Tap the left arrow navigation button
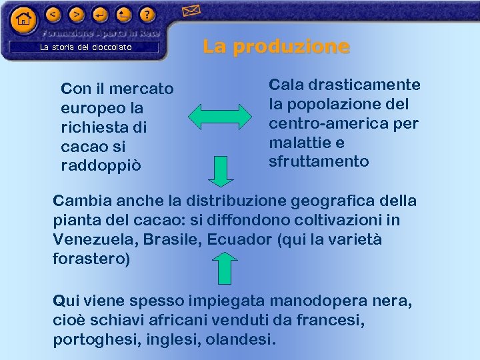coord(54,13)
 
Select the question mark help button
coord(147,13)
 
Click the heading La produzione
coord(276,46)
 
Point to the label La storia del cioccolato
coord(86,47)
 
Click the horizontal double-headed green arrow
coord(220,116)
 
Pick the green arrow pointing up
coord(225,268)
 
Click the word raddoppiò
coord(101,165)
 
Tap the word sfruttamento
coord(319,161)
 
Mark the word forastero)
coord(91,259)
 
